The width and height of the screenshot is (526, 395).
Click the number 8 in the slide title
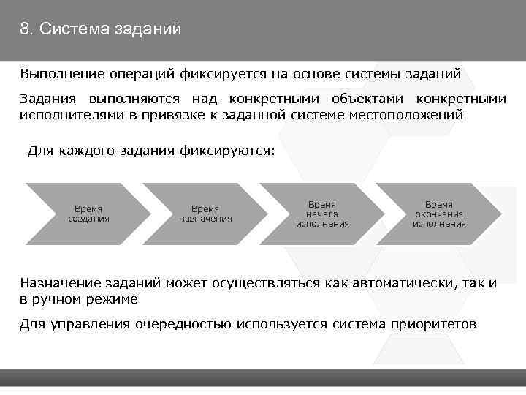click(25, 29)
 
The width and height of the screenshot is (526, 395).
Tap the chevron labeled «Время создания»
click(87, 213)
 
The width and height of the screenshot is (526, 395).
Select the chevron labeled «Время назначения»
click(205, 213)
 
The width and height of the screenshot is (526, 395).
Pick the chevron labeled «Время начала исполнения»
click(321, 213)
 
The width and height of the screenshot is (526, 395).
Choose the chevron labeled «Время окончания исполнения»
click(438, 213)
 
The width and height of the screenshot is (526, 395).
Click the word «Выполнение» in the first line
click(61, 74)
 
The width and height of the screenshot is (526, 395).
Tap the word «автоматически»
click(405, 283)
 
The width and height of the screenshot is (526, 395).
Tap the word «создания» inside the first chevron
click(88, 218)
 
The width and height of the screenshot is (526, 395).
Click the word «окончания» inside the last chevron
click(439, 214)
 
